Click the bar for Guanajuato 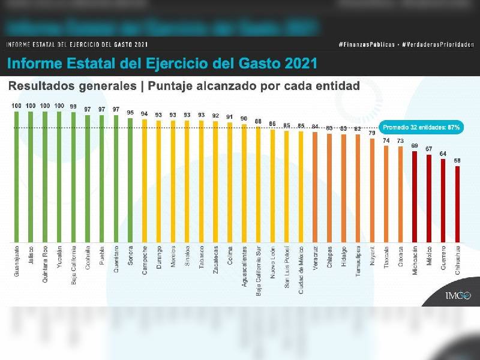point(16,177)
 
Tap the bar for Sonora point(130,180)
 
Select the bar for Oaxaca point(400,194)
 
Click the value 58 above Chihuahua point(458,161)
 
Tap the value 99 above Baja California point(73,107)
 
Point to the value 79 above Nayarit point(372,133)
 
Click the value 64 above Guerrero point(443,154)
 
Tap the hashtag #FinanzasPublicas point(367,45)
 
